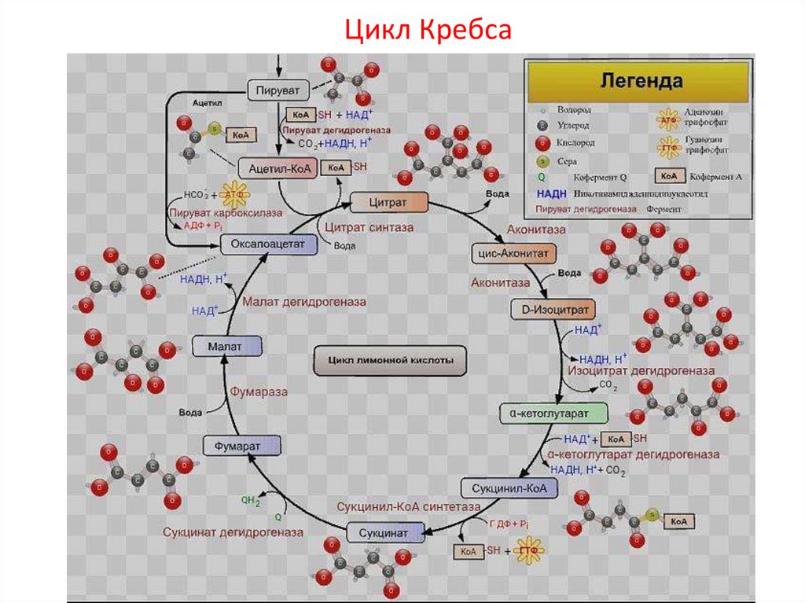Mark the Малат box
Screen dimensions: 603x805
[226, 345]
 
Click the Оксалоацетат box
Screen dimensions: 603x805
[268, 245]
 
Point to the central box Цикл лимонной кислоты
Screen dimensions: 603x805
[389, 361]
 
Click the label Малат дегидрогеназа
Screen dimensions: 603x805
[303, 301]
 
